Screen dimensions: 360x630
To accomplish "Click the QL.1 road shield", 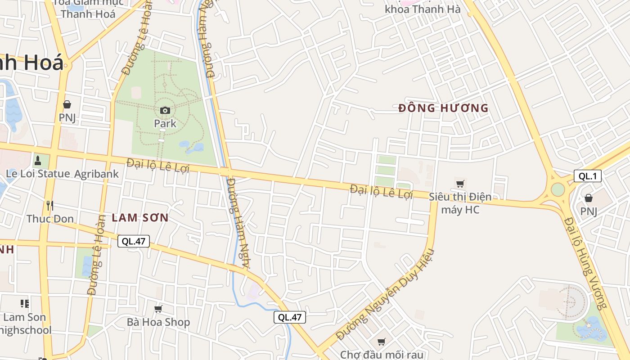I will (x=587, y=176).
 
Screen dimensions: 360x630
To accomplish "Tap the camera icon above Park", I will (x=165, y=110).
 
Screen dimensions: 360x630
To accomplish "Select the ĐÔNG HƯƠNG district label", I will (x=443, y=108).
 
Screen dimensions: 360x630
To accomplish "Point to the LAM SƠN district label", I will (x=140, y=218).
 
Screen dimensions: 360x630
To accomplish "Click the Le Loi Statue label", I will (x=38, y=174).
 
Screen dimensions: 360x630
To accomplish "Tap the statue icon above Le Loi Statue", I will (x=38, y=160).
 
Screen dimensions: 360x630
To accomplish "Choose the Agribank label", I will (x=96, y=174).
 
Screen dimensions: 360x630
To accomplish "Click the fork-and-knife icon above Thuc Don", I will (x=50, y=206).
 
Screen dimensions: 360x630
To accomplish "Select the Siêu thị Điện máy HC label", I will (x=460, y=203).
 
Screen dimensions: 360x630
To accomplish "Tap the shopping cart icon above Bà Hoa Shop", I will (x=158, y=309).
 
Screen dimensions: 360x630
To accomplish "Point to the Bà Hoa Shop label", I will (x=158, y=322).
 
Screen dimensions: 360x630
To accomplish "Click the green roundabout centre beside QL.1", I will (x=558, y=189).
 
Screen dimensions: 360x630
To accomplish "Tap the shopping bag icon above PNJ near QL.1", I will (x=588, y=198).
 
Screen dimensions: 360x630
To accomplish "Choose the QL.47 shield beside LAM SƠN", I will (x=134, y=241).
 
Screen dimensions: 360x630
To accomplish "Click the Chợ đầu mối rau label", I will (x=381, y=355).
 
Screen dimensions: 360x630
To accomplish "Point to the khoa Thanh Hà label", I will (x=423, y=9).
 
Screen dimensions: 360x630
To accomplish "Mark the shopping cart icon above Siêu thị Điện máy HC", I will (x=460, y=184).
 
